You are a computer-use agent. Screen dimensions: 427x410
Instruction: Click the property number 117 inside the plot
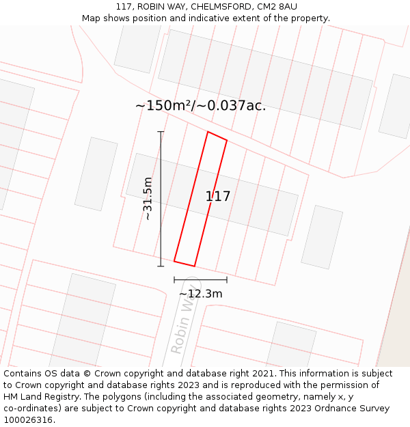click(218, 197)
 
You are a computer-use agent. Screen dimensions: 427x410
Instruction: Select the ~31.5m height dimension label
click(148, 198)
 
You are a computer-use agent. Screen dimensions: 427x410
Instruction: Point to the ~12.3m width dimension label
click(201, 294)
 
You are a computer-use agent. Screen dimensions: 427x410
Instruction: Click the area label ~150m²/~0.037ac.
click(200, 106)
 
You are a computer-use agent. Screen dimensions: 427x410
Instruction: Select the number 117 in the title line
click(124, 7)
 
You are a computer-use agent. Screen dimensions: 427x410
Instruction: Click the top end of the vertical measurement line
click(161, 132)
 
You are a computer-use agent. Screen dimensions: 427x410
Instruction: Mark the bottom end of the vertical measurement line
click(161, 266)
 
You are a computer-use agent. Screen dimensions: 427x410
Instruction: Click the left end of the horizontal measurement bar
click(174, 279)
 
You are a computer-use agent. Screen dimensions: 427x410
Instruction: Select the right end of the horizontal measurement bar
click(227, 279)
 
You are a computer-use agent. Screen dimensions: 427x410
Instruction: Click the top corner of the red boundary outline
click(208, 133)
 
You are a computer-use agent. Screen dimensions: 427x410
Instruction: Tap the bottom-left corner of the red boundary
click(174, 261)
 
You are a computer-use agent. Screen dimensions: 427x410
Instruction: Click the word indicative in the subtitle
click(241, 18)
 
